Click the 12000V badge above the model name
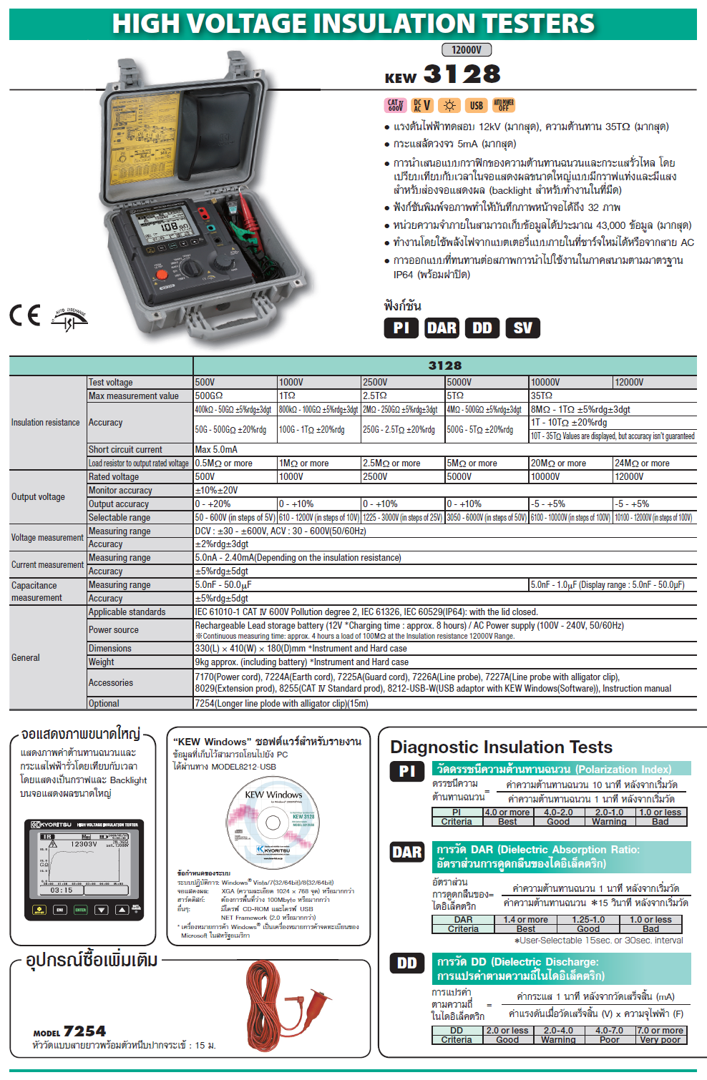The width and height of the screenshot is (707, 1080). (x=467, y=50)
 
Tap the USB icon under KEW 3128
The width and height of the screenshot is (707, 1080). (x=476, y=106)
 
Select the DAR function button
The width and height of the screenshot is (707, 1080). (x=442, y=328)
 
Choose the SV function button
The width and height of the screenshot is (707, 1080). (x=522, y=328)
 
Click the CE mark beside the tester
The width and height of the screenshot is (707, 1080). (x=24, y=315)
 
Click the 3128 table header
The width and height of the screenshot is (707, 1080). (x=444, y=365)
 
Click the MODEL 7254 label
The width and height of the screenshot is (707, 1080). (x=69, y=1031)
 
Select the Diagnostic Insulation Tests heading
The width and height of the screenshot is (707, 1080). (x=501, y=747)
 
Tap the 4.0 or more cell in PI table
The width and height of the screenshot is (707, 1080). (x=507, y=813)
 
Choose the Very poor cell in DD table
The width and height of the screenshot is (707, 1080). (x=661, y=1040)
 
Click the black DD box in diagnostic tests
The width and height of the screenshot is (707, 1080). (x=406, y=963)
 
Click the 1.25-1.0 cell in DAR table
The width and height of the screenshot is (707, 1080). (x=588, y=920)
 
